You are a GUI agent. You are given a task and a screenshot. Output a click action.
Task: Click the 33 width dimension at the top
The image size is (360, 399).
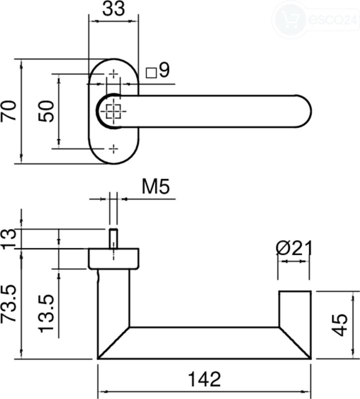tap(114, 9)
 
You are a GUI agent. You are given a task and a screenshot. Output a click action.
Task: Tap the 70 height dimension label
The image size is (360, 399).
tap(8, 111)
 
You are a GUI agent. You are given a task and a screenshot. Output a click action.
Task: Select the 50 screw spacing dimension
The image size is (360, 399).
tap(46, 111)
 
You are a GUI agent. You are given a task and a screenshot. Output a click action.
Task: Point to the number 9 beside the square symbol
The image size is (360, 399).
tap(164, 70)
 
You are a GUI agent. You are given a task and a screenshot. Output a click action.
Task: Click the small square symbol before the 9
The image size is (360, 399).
tap(151, 73)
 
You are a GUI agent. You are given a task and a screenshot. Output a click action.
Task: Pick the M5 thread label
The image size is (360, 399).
tap(156, 187)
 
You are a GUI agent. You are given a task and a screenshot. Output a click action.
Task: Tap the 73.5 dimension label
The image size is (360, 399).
tap(8, 304)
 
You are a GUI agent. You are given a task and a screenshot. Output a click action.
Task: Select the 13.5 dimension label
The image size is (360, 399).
tap(46, 314)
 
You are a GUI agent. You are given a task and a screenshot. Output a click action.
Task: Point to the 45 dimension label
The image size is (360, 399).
tap(340, 325)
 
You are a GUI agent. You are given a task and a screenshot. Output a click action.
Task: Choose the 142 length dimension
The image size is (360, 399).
tap(204, 379)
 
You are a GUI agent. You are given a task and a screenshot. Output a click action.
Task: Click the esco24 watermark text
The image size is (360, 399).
tap(333, 19)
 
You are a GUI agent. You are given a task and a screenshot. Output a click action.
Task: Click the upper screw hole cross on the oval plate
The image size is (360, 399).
tap(114, 74)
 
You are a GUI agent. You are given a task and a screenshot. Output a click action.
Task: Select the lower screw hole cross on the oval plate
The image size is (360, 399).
tap(114, 149)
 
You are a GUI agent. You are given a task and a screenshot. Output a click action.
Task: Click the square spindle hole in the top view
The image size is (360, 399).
tap(114, 111)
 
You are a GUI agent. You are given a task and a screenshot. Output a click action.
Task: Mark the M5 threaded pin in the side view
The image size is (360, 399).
tap(114, 238)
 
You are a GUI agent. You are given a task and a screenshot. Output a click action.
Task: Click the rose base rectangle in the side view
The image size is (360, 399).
tap(114, 258)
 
